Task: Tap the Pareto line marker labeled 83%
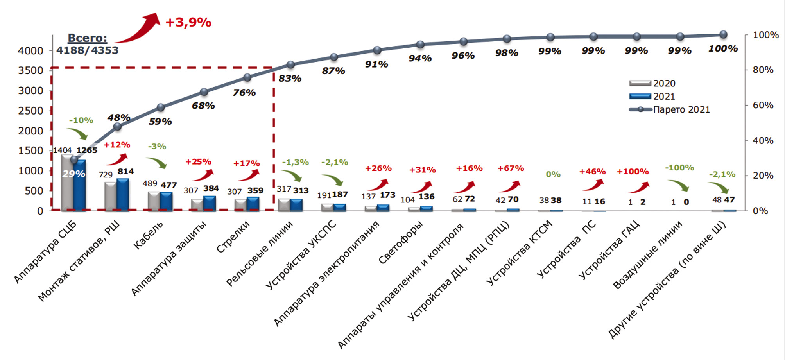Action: (290, 64)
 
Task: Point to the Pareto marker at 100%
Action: (723, 34)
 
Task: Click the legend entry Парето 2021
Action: (681, 109)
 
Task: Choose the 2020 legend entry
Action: (664, 83)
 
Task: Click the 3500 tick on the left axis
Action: (30, 71)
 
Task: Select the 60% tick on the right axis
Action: (763, 105)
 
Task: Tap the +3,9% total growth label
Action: (188, 22)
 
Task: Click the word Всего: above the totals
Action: (87, 38)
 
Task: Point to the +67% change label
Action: (511, 168)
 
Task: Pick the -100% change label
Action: (679, 168)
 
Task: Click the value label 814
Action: (125, 172)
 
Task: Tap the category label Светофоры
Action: (401, 242)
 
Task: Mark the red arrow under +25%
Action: (203, 175)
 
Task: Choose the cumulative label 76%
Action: (244, 93)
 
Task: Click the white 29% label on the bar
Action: (74, 174)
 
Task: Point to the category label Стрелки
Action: (233, 237)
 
